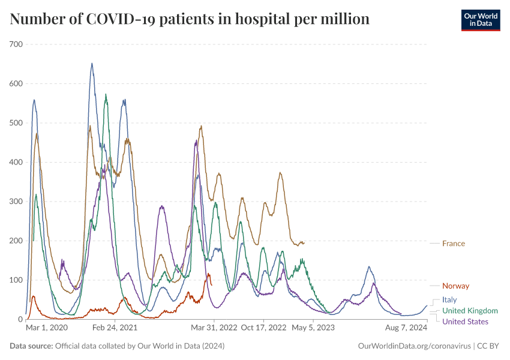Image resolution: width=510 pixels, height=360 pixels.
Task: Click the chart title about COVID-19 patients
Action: (x=190, y=19)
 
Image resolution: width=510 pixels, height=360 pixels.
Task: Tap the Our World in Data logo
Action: (x=480, y=20)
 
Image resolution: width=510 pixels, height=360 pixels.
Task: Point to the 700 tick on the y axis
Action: (x=16, y=44)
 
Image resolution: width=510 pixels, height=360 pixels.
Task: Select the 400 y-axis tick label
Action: (x=16, y=162)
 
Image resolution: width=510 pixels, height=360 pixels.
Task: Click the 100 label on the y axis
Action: (x=16, y=280)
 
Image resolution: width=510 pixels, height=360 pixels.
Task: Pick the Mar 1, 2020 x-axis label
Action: (x=47, y=328)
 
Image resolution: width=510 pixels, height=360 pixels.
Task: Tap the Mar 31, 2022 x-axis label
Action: (x=214, y=328)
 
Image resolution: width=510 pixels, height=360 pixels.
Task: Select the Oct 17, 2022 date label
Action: (x=263, y=328)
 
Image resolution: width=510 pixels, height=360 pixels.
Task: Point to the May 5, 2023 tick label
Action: (x=313, y=328)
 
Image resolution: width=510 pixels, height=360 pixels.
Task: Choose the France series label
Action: (x=454, y=244)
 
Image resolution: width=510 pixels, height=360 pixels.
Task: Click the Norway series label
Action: (x=455, y=286)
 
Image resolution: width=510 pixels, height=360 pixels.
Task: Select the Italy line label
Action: (x=449, y=299)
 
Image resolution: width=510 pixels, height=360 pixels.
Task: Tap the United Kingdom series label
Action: (x=470, y=311)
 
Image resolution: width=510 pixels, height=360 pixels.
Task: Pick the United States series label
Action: (x=465, y=322)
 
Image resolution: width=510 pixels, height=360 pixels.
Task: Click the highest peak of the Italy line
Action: (x=92, y=64)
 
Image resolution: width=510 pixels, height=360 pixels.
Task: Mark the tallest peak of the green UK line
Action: (x=106, y=95)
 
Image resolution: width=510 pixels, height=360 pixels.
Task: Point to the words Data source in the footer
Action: (x=31, y=346)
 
